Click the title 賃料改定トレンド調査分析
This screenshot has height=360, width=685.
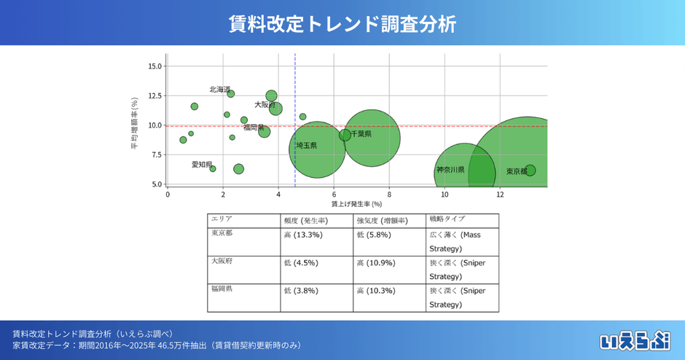tap(342, 23)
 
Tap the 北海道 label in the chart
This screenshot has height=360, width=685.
tap(220, 90)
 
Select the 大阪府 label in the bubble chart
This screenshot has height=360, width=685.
tap(264, 105)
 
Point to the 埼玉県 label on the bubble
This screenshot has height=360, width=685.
tap(306, 146)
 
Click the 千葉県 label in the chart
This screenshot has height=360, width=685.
tap(361, 134)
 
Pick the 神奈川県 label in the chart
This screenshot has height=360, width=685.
tap(450, 170)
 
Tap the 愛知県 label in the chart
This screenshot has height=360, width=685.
tap(202, 165)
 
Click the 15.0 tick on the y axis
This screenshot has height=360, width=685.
tap(154, 66)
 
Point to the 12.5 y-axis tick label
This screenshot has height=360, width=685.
tap(154, 95)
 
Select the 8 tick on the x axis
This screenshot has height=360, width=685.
tap(389, 195)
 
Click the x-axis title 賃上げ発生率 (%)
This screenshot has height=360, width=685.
tap(356, 205)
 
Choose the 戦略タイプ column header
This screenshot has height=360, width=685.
tap(447, 219)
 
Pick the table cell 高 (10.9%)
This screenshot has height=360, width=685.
tap(377, 262)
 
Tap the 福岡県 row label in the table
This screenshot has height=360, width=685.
tap(222, 289)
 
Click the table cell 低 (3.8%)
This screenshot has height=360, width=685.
tap(302, 290)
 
